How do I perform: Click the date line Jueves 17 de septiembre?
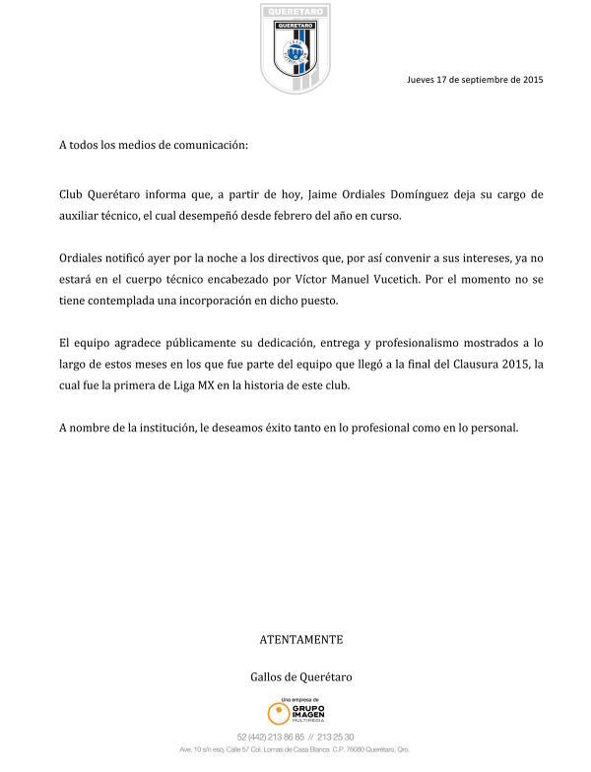pos(474,80)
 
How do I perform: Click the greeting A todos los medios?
pos(153,145)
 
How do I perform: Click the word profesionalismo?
pos(419,342)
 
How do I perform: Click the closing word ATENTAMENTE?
pos(300,639)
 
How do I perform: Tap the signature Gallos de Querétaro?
pos(300,677)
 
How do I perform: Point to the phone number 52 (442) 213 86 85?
pos(272,737)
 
